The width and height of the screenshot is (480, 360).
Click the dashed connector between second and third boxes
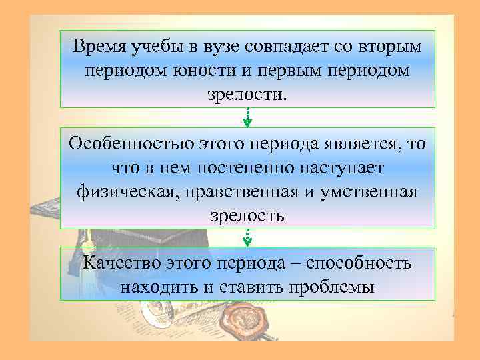point(247,237)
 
